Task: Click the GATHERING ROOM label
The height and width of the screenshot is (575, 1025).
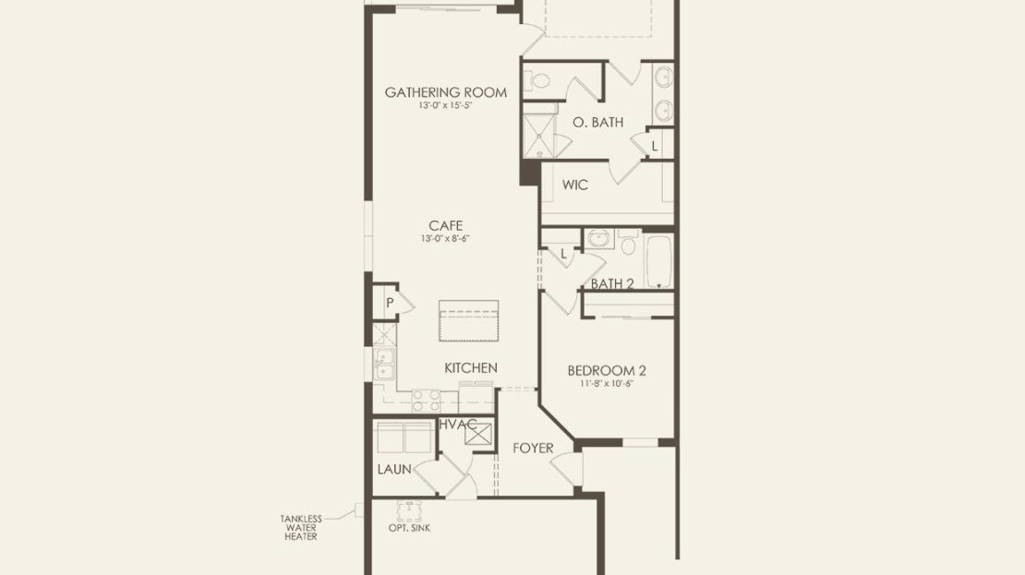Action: (445, 92)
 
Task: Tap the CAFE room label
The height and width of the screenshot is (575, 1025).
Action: (446, 225)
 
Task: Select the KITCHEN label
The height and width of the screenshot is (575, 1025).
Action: (471, 368)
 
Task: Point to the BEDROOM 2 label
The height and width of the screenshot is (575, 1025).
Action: (607, 370)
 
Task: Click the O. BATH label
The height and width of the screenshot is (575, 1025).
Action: (598, 122)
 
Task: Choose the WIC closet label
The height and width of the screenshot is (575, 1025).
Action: (575, 185)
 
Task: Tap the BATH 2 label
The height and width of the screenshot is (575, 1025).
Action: (612, 283)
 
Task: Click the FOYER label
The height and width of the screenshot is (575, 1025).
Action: (533, 449)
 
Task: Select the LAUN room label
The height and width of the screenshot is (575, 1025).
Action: (394, 469)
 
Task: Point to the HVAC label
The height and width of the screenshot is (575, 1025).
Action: (458, 425)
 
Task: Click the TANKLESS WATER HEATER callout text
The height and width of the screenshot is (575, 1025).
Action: (301, 528)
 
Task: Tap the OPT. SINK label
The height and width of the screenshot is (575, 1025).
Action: (409, 528)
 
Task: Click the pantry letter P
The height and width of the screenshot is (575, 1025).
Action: (390, 303)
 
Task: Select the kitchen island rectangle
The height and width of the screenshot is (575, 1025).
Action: (469, 321)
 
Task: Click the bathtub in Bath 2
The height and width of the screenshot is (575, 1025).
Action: (659, 261)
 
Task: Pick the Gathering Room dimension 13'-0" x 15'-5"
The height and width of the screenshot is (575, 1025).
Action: (446, 105)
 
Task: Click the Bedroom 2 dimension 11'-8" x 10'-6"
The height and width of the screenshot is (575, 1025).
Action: (607, 384)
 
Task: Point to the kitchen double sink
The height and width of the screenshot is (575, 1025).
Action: (384, 364)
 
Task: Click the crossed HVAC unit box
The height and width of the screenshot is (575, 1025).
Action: (478, 434)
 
